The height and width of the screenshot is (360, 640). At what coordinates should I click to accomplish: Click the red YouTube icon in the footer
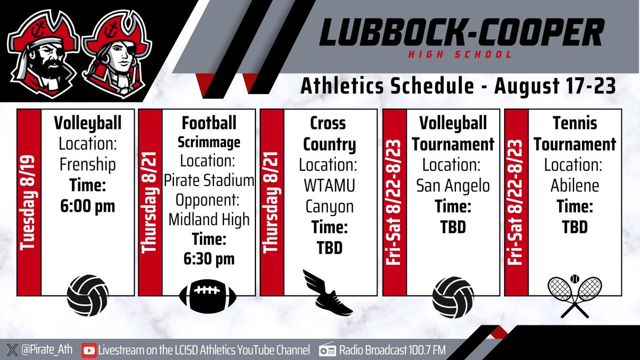(89, 350)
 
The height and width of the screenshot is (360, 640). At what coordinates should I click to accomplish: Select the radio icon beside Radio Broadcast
(327, 350)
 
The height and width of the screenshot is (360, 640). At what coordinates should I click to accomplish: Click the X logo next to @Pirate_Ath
(13, 350)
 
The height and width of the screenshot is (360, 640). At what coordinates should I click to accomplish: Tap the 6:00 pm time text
(87, 206)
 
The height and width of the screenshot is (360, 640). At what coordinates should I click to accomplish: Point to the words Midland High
(209, 219)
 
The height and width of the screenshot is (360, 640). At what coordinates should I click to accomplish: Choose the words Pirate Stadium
(209, 180)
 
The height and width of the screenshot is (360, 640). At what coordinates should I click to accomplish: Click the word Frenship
(87, 165)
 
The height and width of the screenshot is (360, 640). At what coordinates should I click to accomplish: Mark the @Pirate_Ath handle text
(46, 350)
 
